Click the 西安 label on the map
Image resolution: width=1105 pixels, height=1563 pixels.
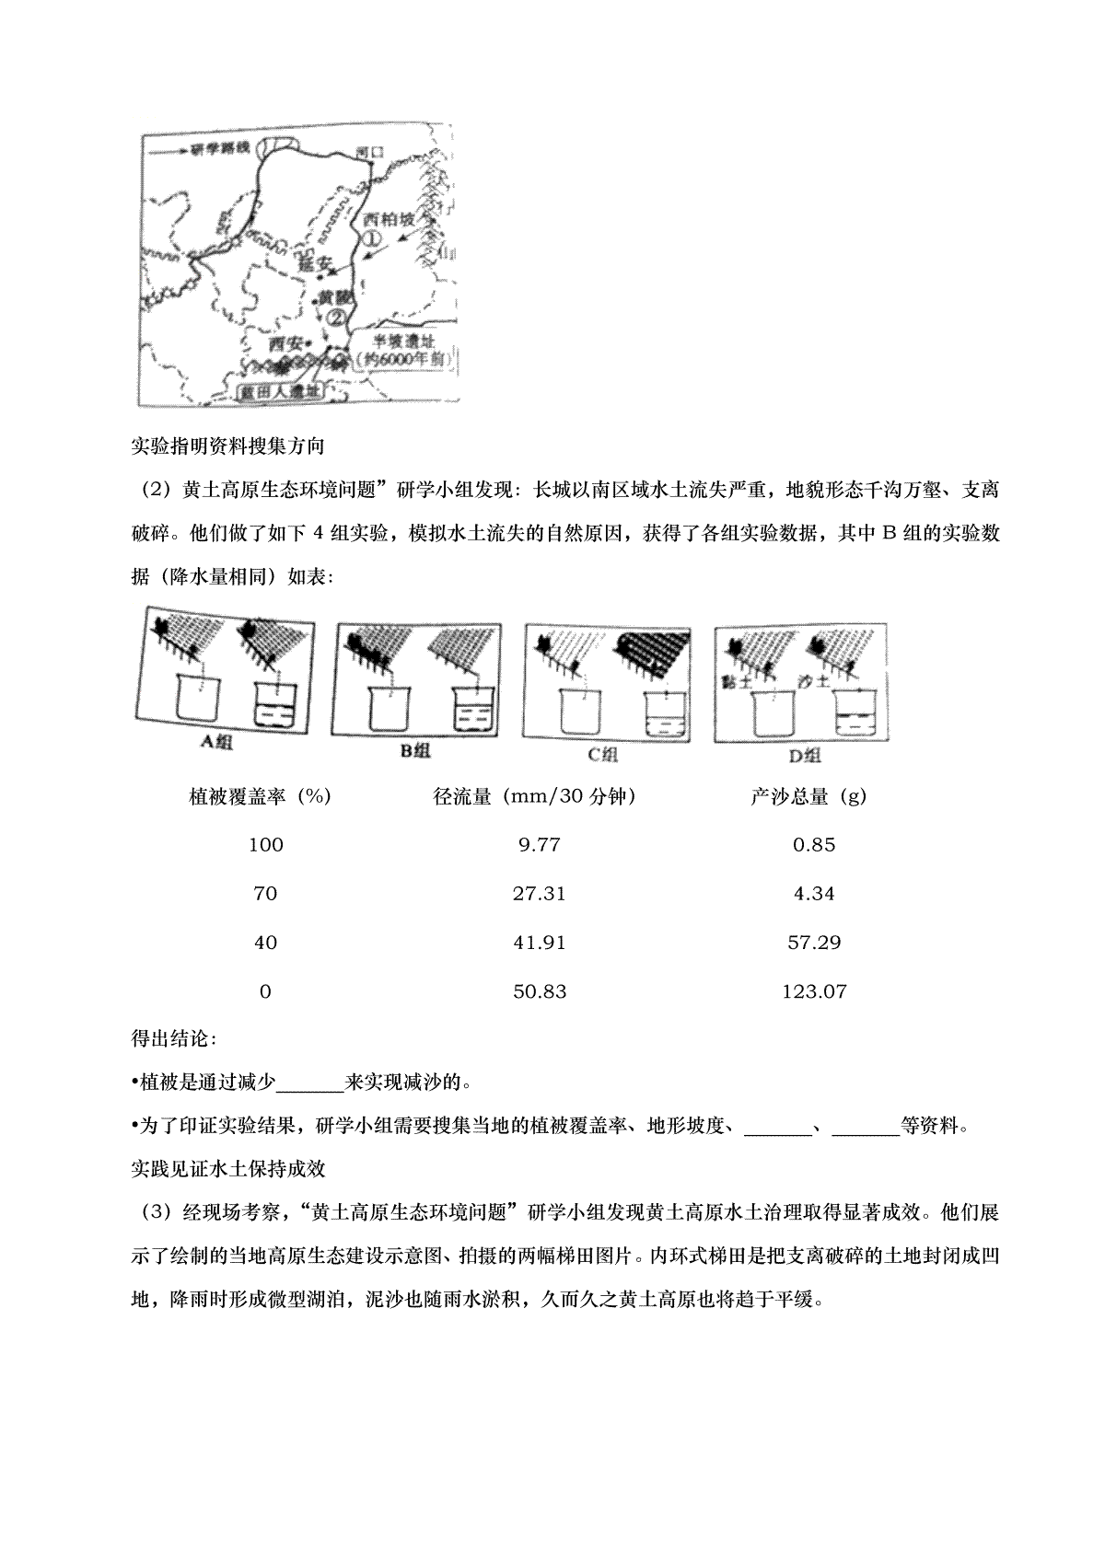[285, 343]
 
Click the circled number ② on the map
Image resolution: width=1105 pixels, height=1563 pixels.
[337, 315]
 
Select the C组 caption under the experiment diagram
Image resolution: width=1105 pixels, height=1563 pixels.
[602, 755]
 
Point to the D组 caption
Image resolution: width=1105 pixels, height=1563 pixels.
[805, 757]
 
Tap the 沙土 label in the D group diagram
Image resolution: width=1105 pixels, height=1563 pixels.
[814, 682]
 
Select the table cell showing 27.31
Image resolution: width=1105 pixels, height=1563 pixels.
[539, 894]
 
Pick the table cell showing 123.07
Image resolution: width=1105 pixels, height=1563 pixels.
[814, 991]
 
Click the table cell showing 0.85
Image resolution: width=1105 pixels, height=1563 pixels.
[814, 845]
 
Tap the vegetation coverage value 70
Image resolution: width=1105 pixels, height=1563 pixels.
[265, 894]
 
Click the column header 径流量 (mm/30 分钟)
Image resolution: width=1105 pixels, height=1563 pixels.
[534, 797]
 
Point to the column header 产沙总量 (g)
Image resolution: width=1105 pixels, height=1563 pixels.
[808, 797]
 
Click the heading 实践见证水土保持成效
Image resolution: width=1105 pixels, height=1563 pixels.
[228, 1169]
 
